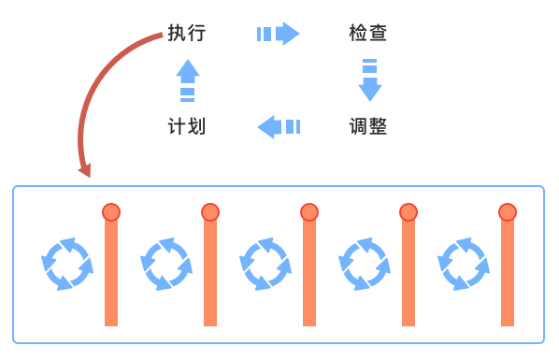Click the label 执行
click(x=187, y=34)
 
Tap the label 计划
click(x=187, y=126)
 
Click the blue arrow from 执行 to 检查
click(x=278, y=35)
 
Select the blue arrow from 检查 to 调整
click(x=370, y=79)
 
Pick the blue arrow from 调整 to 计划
click(x=278, y=126)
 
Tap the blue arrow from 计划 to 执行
click(x=188, y=79)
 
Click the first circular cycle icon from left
click(x=67, y=264)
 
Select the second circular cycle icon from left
click(x=166, y=264)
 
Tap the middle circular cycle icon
click(x=265, y=264)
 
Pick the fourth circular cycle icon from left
click(x=365, y=264)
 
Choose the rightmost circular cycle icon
click(x=464, y=264)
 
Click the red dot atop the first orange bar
click(x=111, y=212)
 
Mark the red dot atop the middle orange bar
click(x=309, y=212)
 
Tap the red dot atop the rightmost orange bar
click(x=508, y=212)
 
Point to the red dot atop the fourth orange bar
click(x=408, y=212)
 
